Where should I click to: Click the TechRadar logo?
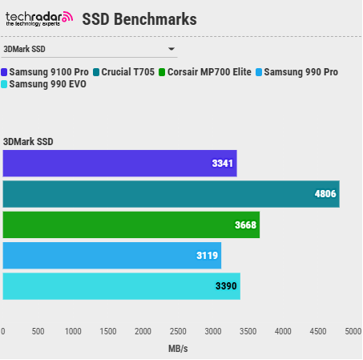[38, 18]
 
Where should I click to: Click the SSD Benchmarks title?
[139, 18]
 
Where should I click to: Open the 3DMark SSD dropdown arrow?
[171, 50]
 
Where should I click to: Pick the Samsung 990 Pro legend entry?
[296, 72]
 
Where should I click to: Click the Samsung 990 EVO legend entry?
[46, 84]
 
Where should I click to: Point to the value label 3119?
[207, 256]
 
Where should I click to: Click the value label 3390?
[226, 286]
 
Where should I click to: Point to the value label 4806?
[325, 194]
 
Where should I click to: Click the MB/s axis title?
[178, 349]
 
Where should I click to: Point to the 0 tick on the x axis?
[3, 331]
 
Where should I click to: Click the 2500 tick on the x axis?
[178, 331]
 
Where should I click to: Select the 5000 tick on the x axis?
[352, 331]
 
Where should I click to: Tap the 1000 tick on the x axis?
[73, 331]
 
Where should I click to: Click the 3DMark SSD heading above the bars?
[28, 142]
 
